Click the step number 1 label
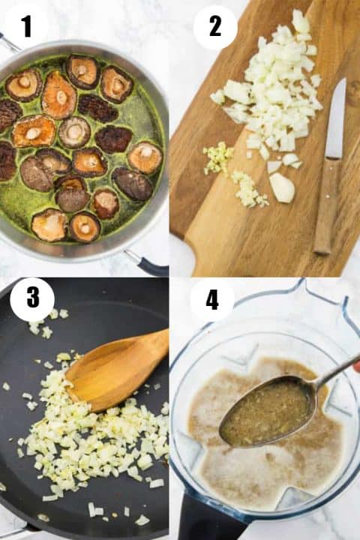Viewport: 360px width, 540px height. (26, 26)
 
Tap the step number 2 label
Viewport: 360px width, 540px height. (215, 26)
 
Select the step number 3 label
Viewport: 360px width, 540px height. (33, 297)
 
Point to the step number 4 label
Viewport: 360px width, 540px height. (212, 299)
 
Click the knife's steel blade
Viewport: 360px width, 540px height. (335, 118)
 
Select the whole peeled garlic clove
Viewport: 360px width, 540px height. (282, 187)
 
